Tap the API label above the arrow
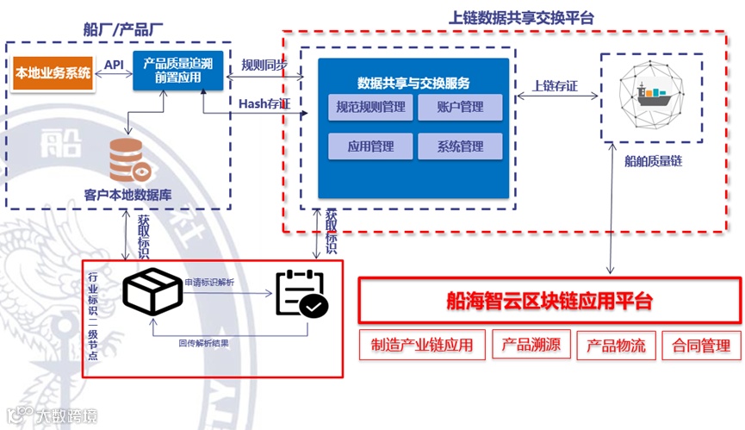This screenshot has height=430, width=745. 114,65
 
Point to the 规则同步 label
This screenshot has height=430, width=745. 264,65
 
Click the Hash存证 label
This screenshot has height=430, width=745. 264,104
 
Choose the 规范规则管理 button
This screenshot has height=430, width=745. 370,108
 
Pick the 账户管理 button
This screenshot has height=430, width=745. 460,108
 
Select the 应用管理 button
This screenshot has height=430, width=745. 370,146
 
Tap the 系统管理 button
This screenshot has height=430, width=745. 460,146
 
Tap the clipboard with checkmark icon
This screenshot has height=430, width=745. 301,295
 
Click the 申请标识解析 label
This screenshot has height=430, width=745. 210,282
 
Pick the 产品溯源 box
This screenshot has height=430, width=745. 531,346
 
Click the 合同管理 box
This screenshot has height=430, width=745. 702,346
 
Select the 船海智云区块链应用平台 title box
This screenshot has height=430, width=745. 549,300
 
